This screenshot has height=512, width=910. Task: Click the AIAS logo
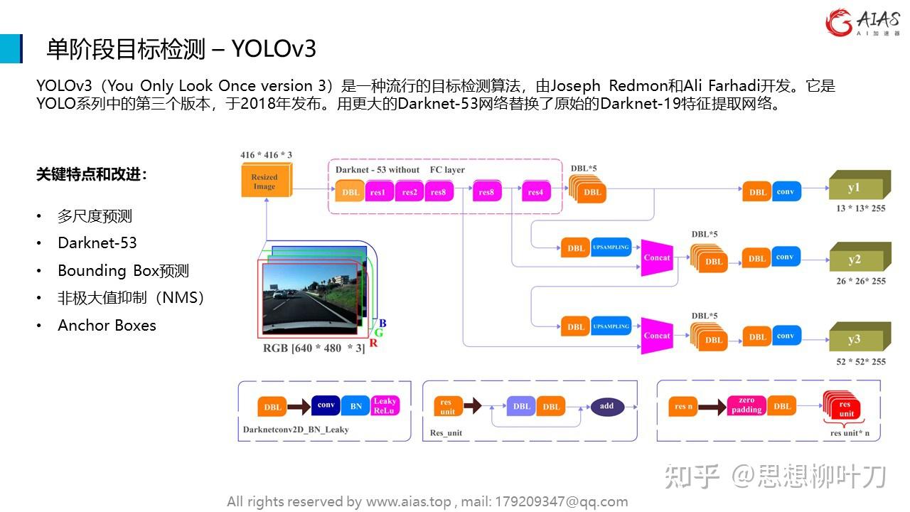point(862,22)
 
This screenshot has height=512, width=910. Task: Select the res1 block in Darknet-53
point(378,192)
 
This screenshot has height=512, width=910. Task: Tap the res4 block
point(535,192)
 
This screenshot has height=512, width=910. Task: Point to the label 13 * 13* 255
point(861,209)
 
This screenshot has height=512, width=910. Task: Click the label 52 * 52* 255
point(861,361)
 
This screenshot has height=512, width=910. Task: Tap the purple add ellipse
point(606,406)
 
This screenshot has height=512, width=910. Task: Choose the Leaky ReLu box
point(385,405)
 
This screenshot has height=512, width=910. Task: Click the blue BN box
point(356,406)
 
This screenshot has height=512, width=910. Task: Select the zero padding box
point(746,406)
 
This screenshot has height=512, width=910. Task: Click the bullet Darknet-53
point(97,243)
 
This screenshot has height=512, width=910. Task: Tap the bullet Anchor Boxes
point(107,326)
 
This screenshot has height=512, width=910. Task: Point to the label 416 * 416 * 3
point(266,155)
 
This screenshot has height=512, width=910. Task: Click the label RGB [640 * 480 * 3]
point(314,348)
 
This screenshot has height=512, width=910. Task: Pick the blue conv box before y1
point(785,191)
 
